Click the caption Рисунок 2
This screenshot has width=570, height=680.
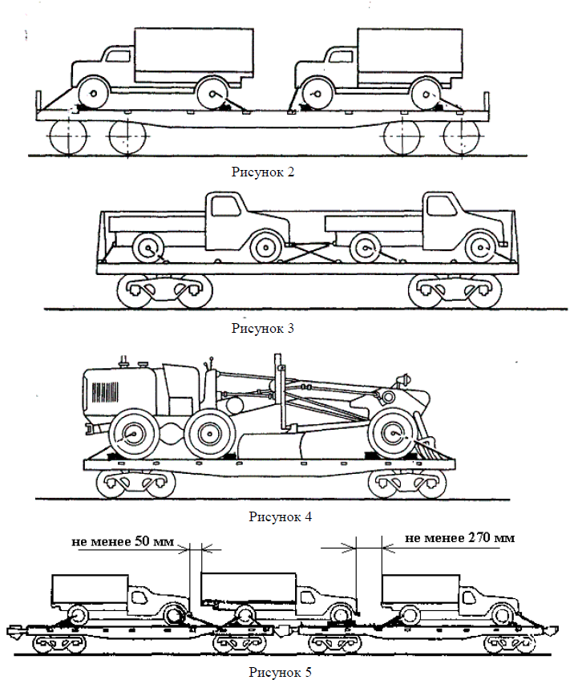263,171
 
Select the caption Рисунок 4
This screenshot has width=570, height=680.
280,516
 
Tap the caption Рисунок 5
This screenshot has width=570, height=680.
278,670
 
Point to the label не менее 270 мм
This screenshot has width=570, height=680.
459,537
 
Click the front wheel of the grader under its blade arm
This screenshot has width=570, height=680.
393,435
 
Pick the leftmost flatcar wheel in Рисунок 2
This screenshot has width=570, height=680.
67,137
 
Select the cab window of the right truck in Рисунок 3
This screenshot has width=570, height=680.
439,206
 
